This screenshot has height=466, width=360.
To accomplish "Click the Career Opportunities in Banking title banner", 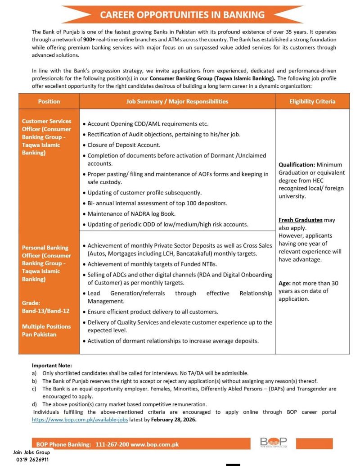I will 182,15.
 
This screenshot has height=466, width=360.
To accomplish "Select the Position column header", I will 49,101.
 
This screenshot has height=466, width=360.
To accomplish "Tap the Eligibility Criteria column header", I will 312,101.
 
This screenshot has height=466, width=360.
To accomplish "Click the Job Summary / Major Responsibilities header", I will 177,101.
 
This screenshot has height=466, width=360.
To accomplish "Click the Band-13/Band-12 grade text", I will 45,311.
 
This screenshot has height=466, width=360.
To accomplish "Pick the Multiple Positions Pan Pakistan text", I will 46,330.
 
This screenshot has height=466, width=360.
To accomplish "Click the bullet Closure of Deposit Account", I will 124,145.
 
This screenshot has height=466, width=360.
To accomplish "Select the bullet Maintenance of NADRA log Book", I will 131,214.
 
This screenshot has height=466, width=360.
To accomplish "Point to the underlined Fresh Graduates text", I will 301,220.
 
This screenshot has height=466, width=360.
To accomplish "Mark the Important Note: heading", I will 52,365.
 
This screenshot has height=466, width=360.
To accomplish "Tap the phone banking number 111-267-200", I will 112,444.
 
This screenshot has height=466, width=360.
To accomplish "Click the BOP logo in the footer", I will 273,443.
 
